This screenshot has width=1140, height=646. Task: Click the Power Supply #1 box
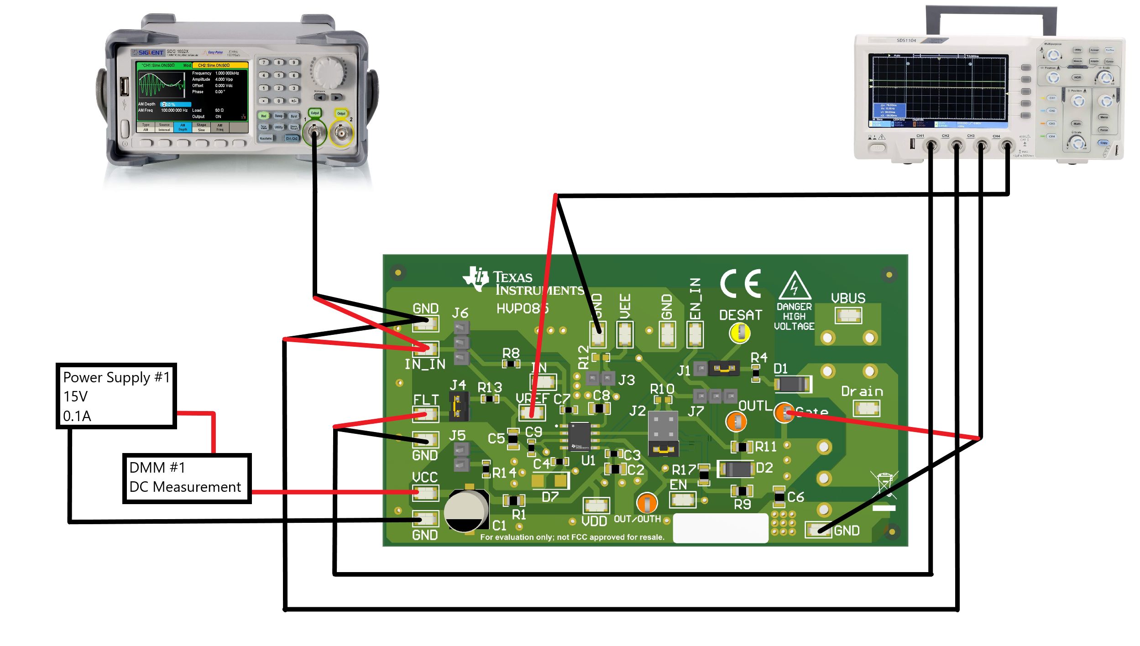(116, 396)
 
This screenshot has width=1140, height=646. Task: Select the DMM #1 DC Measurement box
(187, 478)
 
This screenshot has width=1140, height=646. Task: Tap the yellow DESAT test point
(739, 333)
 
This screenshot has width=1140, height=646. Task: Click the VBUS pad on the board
(848, 315)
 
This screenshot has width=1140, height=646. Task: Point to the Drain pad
(866, 408)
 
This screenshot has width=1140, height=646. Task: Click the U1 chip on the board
(579, 436)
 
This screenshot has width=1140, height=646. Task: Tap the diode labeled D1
(793, 384)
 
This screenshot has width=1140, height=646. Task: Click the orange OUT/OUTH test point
(647, 503)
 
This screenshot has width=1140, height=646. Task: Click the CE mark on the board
(740, 283)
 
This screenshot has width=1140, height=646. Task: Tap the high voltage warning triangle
(795, 286)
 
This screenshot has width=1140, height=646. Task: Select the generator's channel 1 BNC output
(314, 132)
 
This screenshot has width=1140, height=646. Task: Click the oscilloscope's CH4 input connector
(1006, 146)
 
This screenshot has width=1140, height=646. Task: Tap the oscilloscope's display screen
(938, 90)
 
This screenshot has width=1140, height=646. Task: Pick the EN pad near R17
(682, 500)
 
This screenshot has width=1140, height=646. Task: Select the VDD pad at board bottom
(596, 505)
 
